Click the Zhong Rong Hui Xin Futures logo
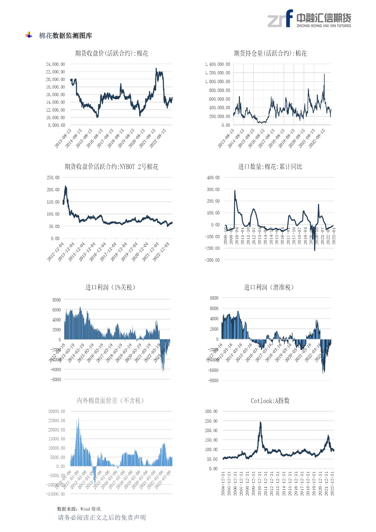tap(309, 19)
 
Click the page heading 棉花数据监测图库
tap(65, 36)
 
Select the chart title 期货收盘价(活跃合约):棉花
tap(112, 53)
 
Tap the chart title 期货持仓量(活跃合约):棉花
tap(270, 53)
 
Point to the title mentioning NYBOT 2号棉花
tap(112, 167)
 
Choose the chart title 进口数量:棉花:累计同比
tap(270, 167)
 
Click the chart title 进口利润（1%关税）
tap(110, 287)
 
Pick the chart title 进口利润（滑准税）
tap(269, 287)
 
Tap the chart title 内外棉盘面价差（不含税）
tap(110, 401)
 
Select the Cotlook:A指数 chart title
tap(270, 401)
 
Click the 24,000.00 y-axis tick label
tap(55, 64)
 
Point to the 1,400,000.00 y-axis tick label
tap(217, 64)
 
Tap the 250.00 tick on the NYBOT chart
tap(53, 178)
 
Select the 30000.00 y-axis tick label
tap(57, 411)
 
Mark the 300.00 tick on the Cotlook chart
tap(211, 411)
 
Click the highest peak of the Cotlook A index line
tap(260, 422)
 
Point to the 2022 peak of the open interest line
tap(324, 74)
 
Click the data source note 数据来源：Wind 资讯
tap(79, 509)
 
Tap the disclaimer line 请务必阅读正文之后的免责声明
tap(102, 517)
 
